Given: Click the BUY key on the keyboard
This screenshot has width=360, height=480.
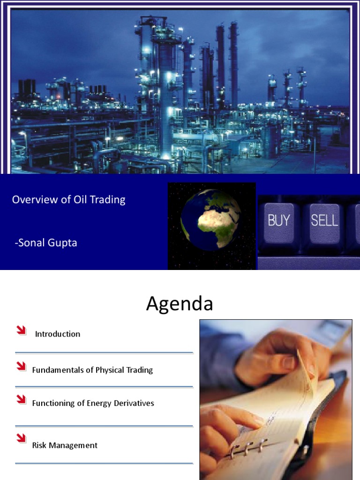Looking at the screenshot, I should tap(278, 220).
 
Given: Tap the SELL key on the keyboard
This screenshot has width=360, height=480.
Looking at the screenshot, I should tap(324, 220).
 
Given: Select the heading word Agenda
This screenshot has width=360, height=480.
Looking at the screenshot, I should tap(180, 304).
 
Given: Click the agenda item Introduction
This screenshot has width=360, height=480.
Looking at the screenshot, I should tap(58, 334).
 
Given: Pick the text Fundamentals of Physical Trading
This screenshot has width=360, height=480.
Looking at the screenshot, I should tap(92, 370).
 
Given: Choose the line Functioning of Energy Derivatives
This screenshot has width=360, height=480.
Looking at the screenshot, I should tap(93, 403).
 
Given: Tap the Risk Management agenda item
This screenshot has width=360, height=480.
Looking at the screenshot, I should tap(65, 445).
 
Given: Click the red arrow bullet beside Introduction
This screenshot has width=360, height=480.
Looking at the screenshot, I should tap(21, 330).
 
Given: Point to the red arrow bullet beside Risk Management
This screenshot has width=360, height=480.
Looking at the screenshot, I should tap(21, 438).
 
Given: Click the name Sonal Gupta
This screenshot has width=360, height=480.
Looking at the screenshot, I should tap(46, 243).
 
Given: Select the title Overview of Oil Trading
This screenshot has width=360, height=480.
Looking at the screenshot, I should tap(68, 200).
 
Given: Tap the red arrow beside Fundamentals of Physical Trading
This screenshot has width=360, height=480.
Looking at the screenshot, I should tap(21, 366).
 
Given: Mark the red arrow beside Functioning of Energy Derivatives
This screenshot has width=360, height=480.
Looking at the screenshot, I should tap(21, 399).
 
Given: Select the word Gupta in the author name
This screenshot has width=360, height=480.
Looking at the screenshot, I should tap(63, 243).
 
